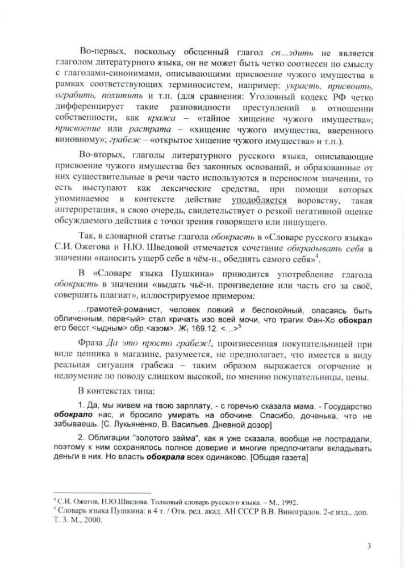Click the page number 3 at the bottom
point(369,547)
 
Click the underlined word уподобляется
point(258,201)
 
